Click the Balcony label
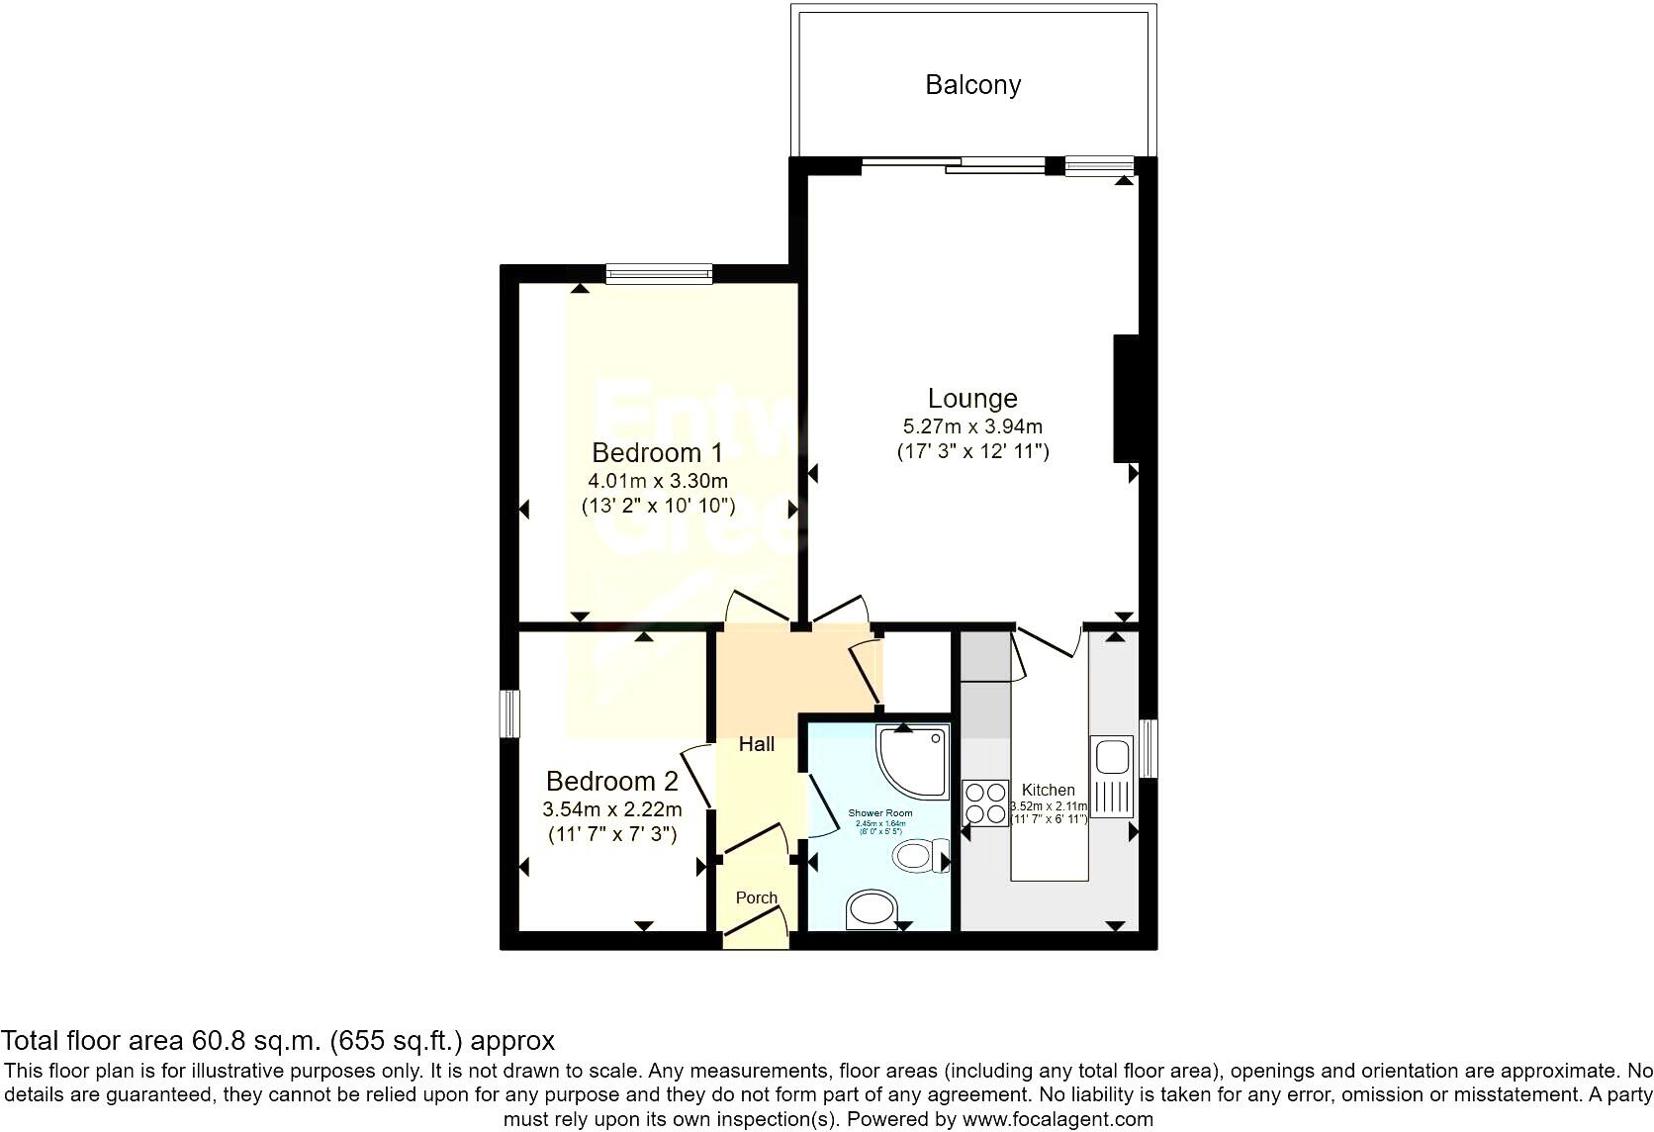tap(972, 85)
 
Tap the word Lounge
tap(972, 399)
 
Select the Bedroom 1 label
tap(657, 453)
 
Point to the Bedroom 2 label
tap(611, 782)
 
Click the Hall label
tap(757, 744)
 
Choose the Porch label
tap(757, 897)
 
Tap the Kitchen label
tap(1048, 790)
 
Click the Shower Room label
tap(880, 813)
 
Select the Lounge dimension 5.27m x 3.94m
tap(972, 427)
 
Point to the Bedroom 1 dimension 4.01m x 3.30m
tap(658, 482)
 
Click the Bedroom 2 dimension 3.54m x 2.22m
tap(611, 809)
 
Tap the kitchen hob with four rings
tap(985, 802)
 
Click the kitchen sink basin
tap(1111, 757)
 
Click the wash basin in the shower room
tap(872, 908)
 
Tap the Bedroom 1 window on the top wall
tap(659, 274)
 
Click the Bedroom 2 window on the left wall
tap(509, 713)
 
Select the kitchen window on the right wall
tap(1148, 748)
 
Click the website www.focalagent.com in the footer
tap(1057, 1120)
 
